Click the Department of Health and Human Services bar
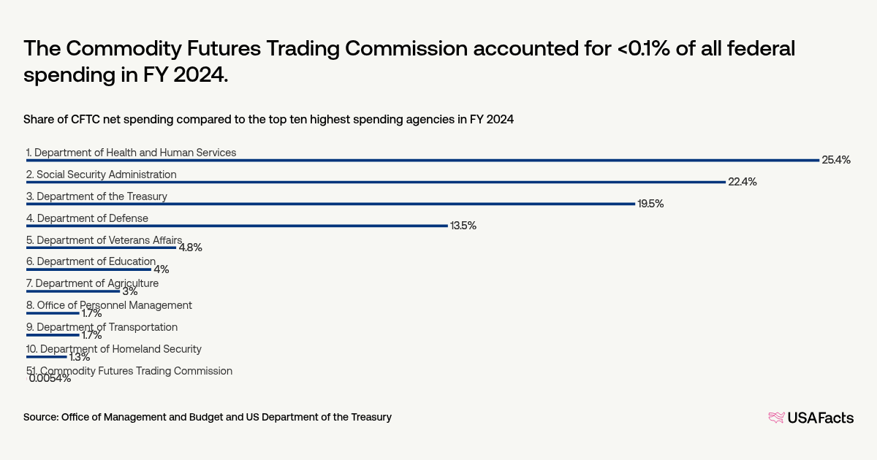tap(422, 160)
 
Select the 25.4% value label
tap(836, 160)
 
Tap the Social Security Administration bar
tap(376, 182)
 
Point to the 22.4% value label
tap(742, 182)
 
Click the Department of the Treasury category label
tap(96, 196)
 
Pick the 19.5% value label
tap(650, 204)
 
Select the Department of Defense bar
tap(237, 226)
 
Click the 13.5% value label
tap(463, 226)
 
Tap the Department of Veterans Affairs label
tap(104, 239)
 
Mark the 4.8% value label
tap(190, 248)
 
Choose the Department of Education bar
tap(88, 269)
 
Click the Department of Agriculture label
tap(92, 283)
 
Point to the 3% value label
tap(129, 291)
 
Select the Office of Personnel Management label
tap(109, 305)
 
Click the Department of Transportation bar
tap(53, 335)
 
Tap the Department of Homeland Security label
tap(113, 349)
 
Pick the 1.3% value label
tap(79, 357)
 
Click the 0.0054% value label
tap(50, 378)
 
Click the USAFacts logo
tap(810, 418)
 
